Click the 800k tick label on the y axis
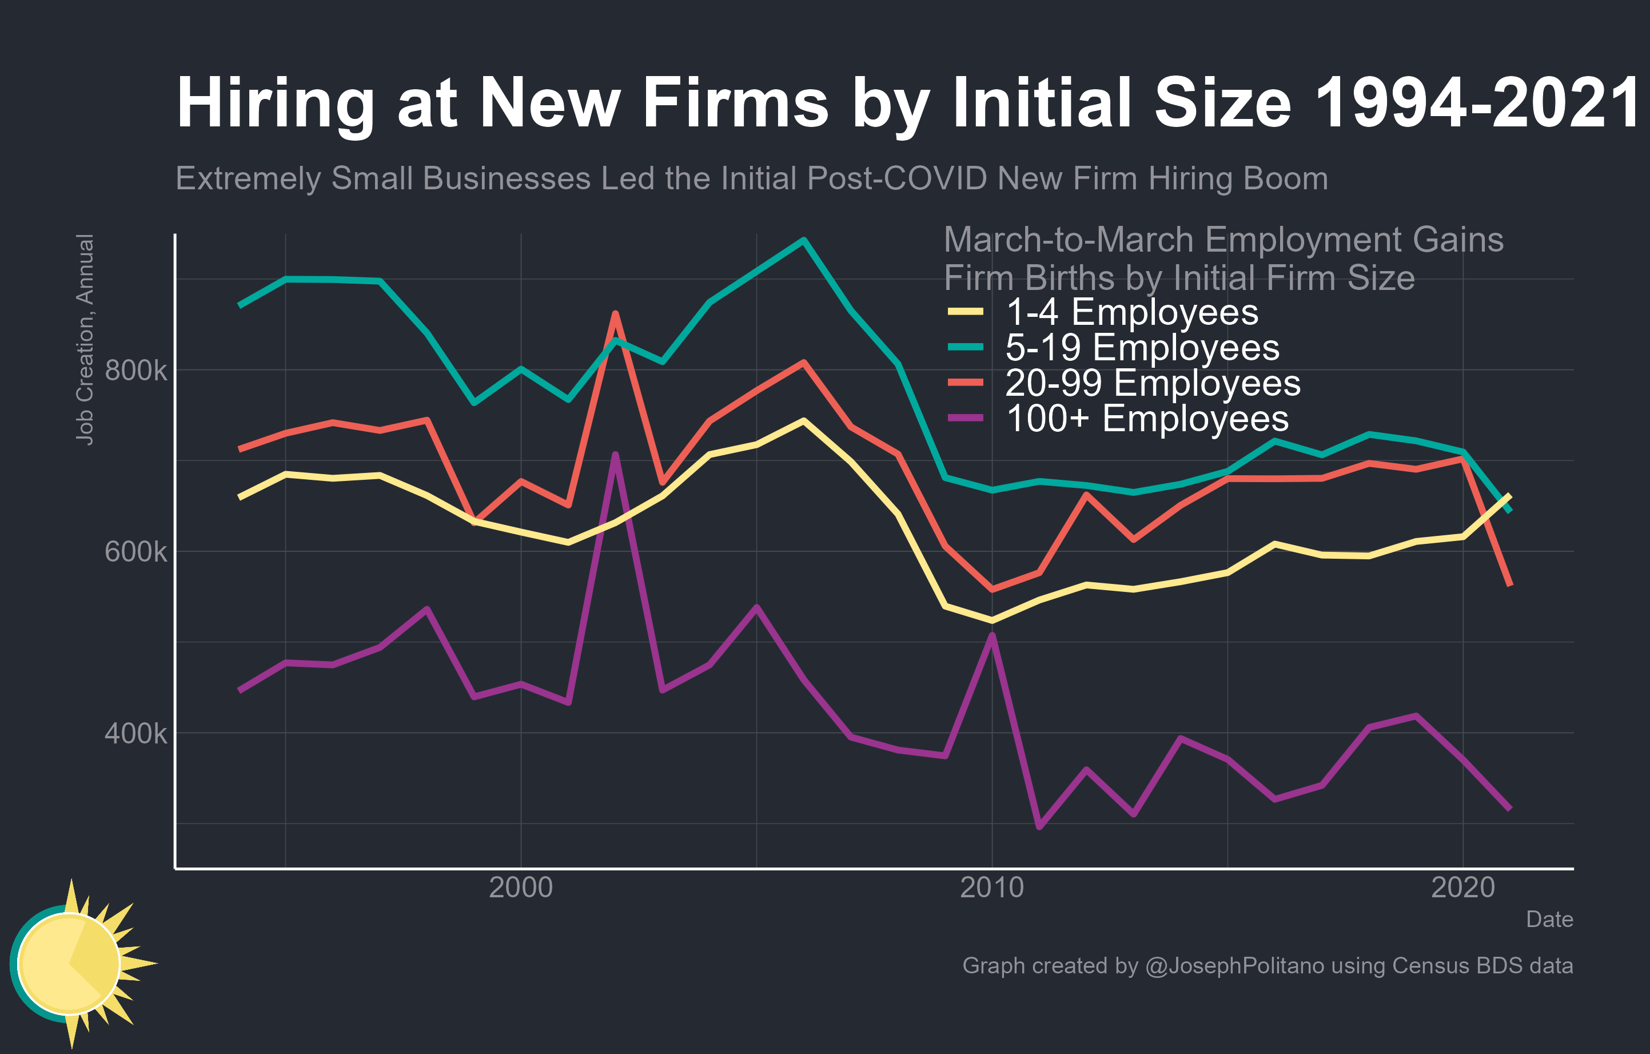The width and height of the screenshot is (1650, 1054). tap(135, 371)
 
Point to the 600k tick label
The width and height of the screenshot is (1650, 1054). tap(135, 552)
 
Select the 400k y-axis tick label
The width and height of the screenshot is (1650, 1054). tap(135, 733)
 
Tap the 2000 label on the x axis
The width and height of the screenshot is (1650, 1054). tap(521, 888)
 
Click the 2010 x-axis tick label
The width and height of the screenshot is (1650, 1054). tap(991, 888)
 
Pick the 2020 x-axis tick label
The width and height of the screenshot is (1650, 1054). tap(1463, 888)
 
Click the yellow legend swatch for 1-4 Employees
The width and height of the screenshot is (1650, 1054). tap(966, 312)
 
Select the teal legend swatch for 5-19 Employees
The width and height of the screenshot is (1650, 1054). tap(966, 348)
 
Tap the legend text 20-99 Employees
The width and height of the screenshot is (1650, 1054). tap(1153, 383)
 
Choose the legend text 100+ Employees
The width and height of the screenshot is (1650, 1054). tap(1147, 418)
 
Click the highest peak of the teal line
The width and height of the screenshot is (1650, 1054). tap(804, 240)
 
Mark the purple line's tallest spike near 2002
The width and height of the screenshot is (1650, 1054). tap(615, 454)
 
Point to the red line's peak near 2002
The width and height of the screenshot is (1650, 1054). tap(615, 313)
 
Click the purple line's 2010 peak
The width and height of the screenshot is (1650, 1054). tap(991, 635)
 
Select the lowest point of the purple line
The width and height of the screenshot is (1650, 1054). tap(1039, 827)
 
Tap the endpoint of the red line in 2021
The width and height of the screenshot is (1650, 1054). tap(1510, 584)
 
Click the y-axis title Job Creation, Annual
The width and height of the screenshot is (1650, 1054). tap(85, 339)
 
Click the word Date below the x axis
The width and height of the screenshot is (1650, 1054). tap(1549, 920)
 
